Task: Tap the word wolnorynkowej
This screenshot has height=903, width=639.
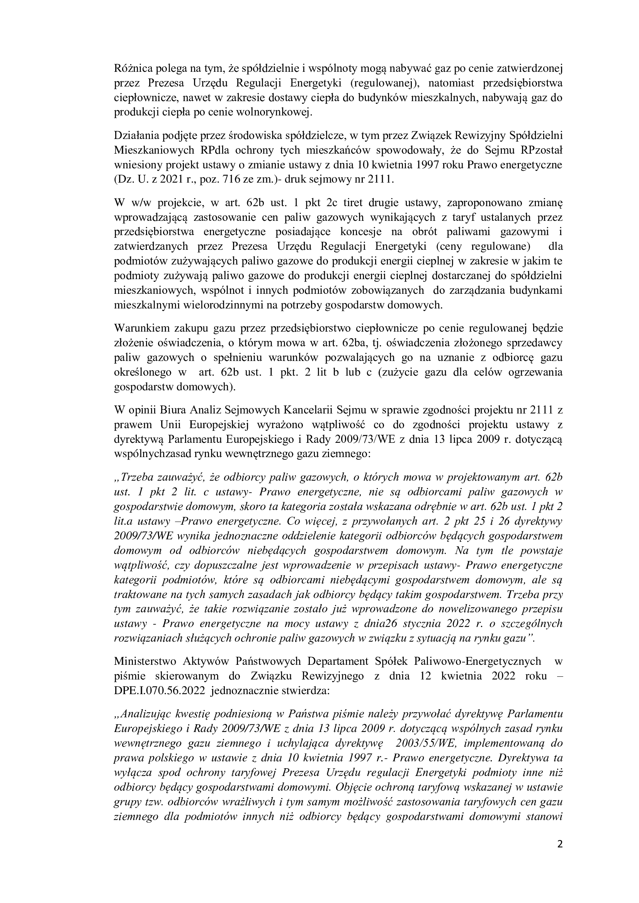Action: (x=273, y=113)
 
